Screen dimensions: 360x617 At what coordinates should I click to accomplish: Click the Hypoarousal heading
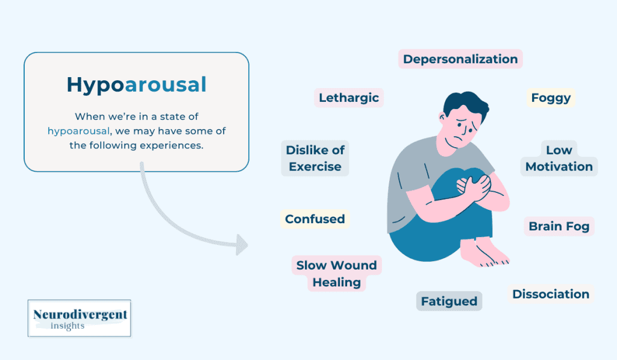(x=136, y=84)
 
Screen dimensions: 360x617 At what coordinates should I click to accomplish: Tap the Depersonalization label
(x=460, y=59)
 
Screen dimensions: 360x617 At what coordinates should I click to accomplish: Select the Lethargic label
(x=349, y=98)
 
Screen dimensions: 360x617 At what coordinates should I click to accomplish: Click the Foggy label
(x=551, y=98)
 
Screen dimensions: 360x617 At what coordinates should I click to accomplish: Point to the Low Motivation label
(x=559, y=159)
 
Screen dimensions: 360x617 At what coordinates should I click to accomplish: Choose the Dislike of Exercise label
(x=315, y=159)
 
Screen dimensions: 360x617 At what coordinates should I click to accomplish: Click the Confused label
(x=315, y=219)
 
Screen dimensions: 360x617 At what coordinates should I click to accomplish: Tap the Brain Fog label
(x=559, y=227)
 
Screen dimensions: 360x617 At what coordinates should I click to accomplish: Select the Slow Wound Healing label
(x=337, y=274)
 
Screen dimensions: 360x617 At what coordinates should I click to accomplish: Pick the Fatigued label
(x=449, y=301)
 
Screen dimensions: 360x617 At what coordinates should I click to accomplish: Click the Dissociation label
(x=551, y=294)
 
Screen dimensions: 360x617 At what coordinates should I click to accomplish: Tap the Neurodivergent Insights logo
(x=80, y=318)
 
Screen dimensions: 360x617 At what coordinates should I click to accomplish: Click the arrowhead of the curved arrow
(x=242, y=244)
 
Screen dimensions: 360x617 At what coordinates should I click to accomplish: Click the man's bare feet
(x=488, y=253)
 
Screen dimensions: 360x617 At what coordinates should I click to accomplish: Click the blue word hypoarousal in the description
(x=78, y=130)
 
